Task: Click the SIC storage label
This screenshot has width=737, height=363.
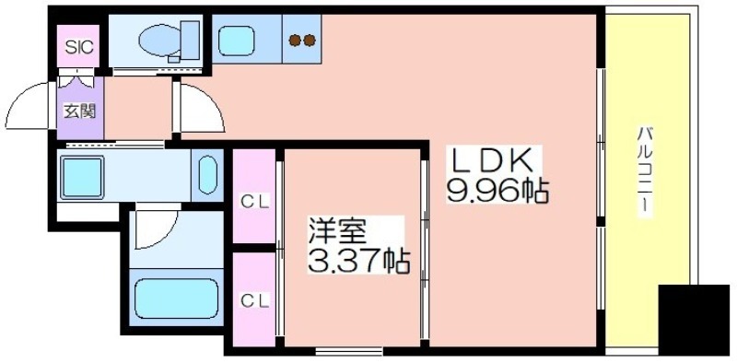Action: click(79, 47)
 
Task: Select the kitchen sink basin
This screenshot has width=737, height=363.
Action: click(237, 40)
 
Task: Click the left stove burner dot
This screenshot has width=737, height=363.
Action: click(295, 41)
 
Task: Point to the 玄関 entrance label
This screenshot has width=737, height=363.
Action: click(80, 111)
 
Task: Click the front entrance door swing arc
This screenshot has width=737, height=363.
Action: click(21, 96)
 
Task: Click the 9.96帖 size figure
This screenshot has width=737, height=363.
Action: click(497, 191)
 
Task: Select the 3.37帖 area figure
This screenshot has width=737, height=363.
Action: click(358, 262)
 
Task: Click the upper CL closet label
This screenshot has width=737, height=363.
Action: click(255, 202)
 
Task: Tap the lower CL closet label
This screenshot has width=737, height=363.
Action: click(255, 300)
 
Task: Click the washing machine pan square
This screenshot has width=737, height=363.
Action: click(82, 177)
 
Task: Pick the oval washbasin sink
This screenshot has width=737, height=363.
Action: click(207, 174)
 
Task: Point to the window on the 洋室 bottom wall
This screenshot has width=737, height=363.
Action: click(348, 351)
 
